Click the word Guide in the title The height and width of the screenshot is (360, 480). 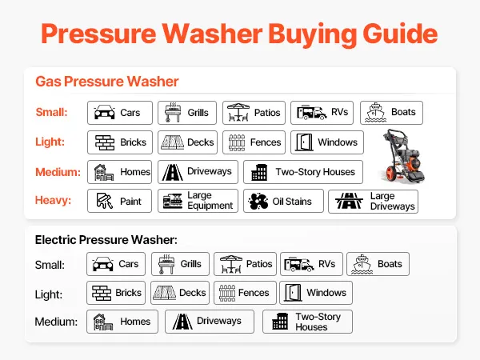400,34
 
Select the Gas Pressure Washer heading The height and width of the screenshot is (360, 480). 107,82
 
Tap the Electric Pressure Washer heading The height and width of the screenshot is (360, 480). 106,240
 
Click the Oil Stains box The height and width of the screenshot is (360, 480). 283,201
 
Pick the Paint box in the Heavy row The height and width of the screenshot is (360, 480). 119,201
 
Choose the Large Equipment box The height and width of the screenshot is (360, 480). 198,201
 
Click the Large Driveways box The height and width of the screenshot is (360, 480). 373,202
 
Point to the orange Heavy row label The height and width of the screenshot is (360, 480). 53,200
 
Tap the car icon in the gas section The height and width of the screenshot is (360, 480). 104,112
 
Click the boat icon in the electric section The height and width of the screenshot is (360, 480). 362,264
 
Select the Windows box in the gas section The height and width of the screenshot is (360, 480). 327,142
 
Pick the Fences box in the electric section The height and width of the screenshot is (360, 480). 245,293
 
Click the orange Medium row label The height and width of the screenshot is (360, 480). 58,172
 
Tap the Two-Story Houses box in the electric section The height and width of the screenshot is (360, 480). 307,322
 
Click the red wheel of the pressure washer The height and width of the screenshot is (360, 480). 391,174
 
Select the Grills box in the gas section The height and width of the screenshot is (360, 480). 187,113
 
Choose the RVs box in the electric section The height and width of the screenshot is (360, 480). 311,264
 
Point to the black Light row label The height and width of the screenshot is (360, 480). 48,294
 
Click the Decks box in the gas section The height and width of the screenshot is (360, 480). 187,142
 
